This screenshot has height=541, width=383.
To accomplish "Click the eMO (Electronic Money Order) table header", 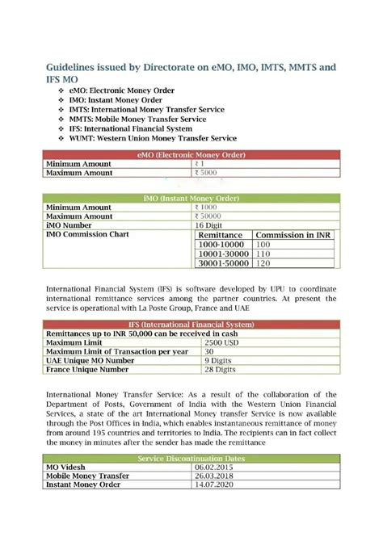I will (x=191, y=154).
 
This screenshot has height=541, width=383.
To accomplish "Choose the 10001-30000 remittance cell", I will (x=224, y=254).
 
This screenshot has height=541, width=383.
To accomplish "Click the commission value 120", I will (x=263, y=264).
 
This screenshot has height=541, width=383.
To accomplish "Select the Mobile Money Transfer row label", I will (x=88, y=476).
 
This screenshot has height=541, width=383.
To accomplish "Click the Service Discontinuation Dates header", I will (x=191, y=458).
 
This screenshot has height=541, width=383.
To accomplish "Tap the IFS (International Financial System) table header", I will (x=191, y=324).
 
